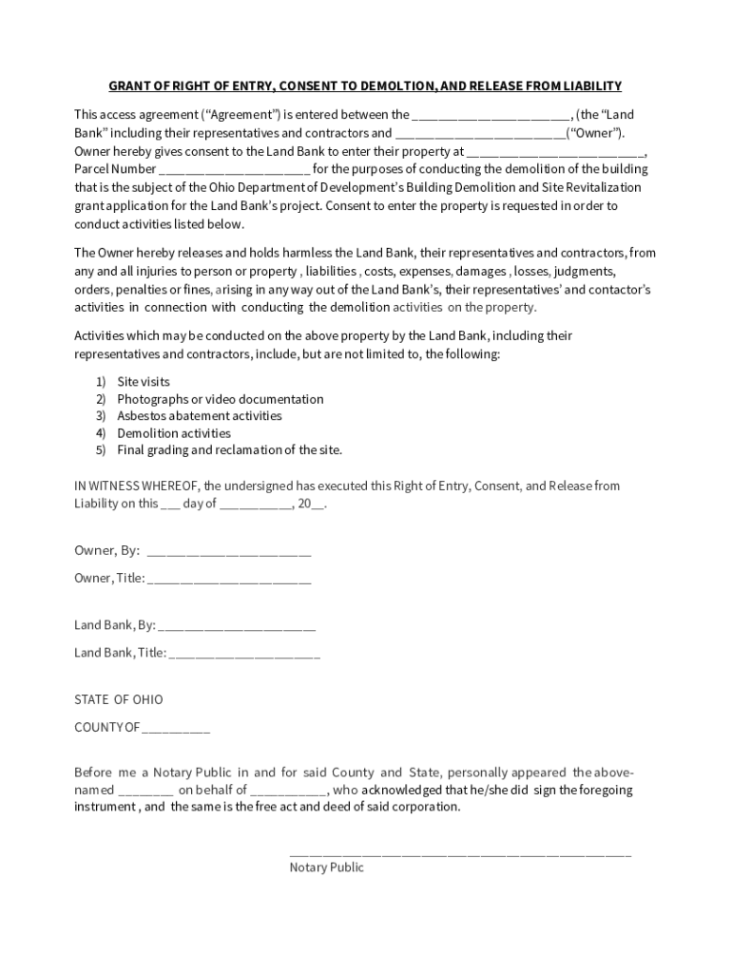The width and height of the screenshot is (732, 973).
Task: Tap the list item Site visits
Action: click(144, 382)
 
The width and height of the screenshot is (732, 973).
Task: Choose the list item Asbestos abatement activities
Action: click(199, 416)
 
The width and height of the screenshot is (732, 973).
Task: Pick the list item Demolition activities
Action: click(173, 433)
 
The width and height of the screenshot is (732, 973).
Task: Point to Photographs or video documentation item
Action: click(220, 399)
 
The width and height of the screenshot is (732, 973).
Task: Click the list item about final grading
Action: click(229, 450)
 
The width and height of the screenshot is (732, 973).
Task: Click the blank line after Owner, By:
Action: click(229, 551)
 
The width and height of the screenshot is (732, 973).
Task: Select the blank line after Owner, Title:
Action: click(229, 579)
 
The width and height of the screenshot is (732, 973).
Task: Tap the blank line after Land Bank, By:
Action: click(237, 625)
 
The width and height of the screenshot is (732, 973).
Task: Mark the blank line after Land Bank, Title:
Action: click(244, 653)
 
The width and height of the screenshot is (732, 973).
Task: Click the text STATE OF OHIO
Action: click(119, 700)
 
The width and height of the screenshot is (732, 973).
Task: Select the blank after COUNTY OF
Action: click(177, 728)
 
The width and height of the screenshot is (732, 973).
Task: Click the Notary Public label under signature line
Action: click(326, 868)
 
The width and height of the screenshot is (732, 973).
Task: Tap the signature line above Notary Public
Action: click(459, 852)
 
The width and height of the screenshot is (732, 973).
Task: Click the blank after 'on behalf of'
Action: click(289, 791)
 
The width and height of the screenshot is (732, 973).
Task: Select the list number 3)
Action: click(100, 416)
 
